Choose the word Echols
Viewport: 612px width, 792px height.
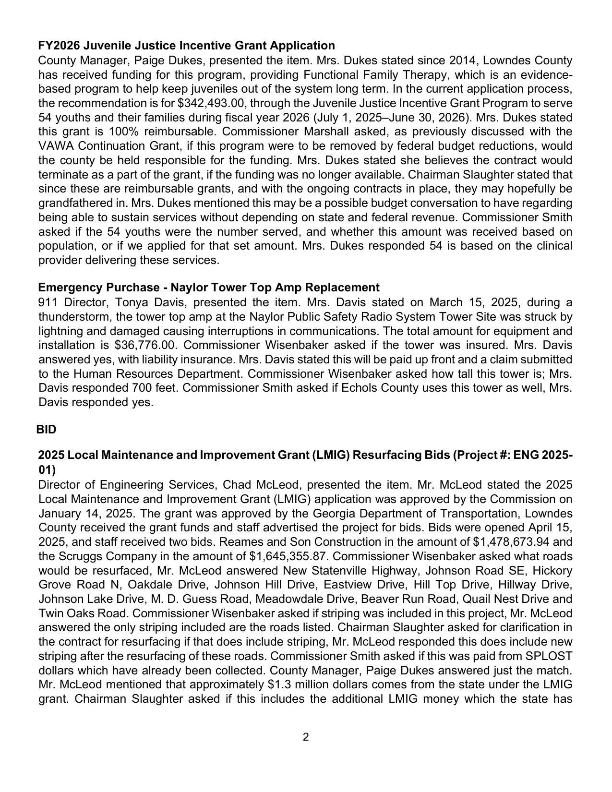click(x=359, y=388)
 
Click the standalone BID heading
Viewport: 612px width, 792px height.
click(x=47, y=430)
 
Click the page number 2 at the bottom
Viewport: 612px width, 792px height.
click(x=306, y=737)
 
